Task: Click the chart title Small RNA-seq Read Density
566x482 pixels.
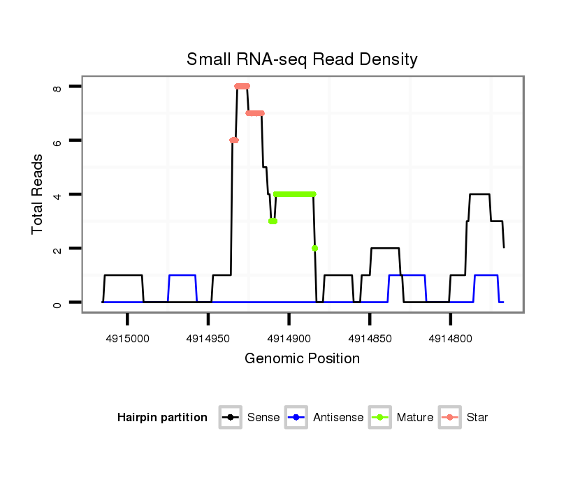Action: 302,59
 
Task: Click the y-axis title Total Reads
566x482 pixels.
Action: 38,193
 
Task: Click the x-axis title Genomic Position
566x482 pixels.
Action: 302,359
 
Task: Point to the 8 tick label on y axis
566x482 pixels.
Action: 58,87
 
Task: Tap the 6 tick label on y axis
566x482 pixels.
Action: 58,140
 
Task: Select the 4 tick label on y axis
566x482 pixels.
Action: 58,194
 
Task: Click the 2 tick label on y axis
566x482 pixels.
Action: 58,248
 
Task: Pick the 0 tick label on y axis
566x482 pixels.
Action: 58,302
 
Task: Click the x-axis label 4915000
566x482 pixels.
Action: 128,339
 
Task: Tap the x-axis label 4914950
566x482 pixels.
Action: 208,339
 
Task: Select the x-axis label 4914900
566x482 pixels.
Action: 289,339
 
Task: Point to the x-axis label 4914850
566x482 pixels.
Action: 370,339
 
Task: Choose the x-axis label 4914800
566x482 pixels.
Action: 451,339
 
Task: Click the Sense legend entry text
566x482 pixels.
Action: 263,418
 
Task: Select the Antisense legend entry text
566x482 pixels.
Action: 338,418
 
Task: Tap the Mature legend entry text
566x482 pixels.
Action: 415,418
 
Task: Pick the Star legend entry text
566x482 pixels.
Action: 477,418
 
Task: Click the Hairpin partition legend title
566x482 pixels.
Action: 162,418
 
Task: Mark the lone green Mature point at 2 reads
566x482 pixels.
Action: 315,248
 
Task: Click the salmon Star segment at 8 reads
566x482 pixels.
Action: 242,86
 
